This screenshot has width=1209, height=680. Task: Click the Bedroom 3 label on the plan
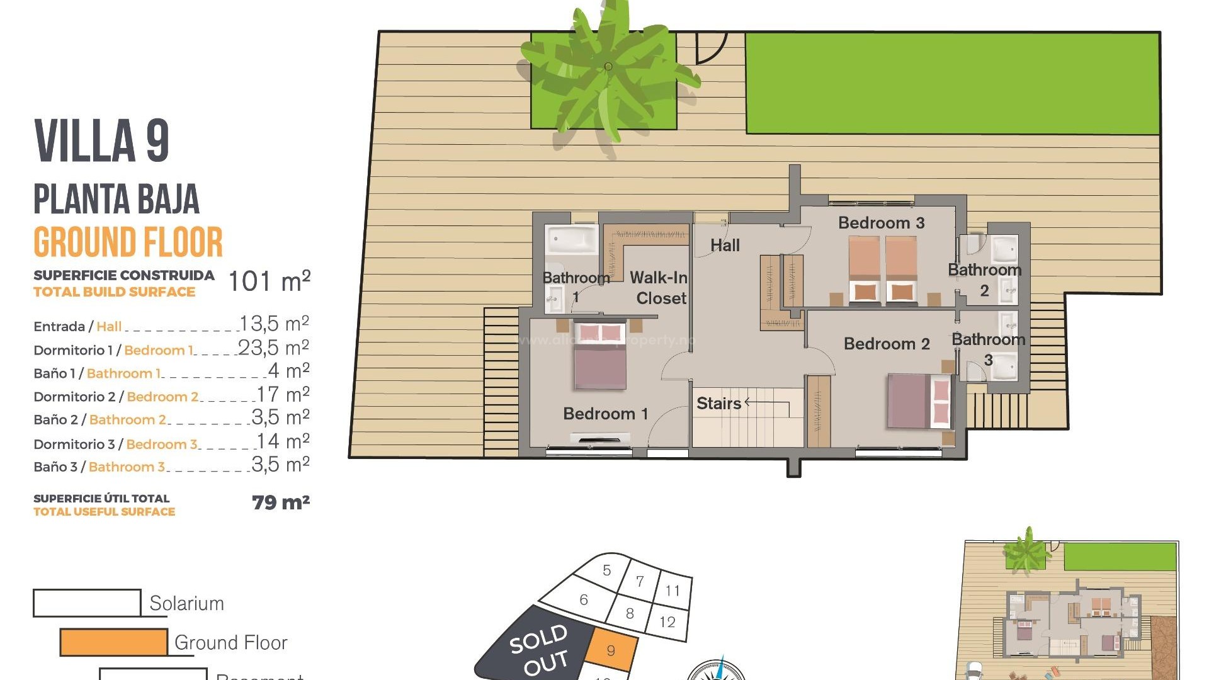pos(881,223)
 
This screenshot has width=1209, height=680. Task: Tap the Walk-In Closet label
pos(659,288)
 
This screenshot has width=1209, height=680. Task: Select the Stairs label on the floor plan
pos(718,404)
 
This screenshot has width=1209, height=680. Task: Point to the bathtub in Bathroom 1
pos(572,240)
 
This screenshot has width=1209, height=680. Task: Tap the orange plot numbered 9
pos(611,651)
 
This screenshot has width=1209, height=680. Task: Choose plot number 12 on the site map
pos(667,622)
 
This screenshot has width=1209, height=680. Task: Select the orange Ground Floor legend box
pos(114,642)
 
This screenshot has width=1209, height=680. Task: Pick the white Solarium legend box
pos(87,603)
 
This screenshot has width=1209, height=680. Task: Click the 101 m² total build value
pos(269,281)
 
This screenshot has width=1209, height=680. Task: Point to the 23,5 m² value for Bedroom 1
pos(273,348)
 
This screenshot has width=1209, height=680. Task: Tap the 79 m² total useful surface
pos(280,502)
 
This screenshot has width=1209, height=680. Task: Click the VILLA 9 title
pos(101,141)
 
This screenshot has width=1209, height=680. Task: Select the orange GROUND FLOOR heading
pos(128,242)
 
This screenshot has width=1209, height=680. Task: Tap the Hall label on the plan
pos(725,246)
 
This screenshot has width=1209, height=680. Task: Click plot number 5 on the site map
pos(606,570)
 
